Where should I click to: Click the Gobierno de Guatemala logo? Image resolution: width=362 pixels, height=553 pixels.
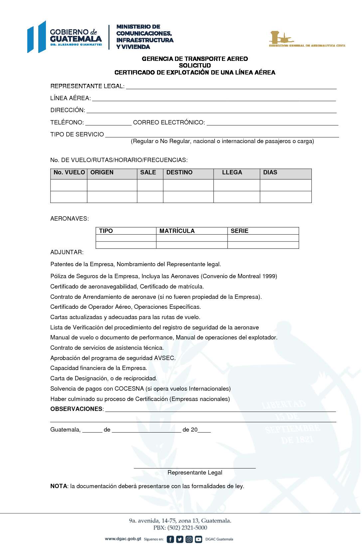pyautogui.click(x=65, y=37)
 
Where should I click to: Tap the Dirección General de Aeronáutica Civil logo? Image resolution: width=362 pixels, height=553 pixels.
pyautogui.click(x=307, y=39)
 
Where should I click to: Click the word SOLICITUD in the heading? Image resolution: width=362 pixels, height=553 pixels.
pyautogui.click(x=195, y=66)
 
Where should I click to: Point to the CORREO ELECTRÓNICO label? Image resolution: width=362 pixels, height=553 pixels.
pyautogui.click(x=169, y=122)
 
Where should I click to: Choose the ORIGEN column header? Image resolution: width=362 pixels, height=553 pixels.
pyautogui.click(x=102, y=172)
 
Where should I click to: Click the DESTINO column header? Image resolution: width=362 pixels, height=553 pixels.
pyautogui.click(x=179, y=172)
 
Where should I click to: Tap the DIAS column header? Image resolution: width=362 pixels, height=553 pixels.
pyautogui.click(x=270, y=172)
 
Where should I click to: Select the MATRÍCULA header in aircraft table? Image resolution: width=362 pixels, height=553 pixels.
pyautogui.click(x=177, y=231)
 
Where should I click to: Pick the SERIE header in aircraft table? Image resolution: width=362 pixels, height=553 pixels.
pyautogui.click(x=239, y=231)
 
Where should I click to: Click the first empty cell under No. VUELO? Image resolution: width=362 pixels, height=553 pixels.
pyautogui.click(x=69, y=185)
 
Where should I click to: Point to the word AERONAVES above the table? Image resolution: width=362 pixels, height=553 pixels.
pyautogui.click(x=69, y=219)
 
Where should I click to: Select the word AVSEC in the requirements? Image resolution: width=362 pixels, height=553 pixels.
pyautogui.click(x=164, y=358)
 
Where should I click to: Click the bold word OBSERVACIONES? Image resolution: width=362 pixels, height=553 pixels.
pyautogui.click(x=76, y=409)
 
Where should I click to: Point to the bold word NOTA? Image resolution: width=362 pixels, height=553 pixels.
pyautogui.click(x=59, y=486)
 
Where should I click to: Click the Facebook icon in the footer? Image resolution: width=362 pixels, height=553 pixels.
pyautogui.click(x=170, y=539)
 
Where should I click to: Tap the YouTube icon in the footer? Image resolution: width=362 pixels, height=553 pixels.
pyautogui.click(x=198, y=539)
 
